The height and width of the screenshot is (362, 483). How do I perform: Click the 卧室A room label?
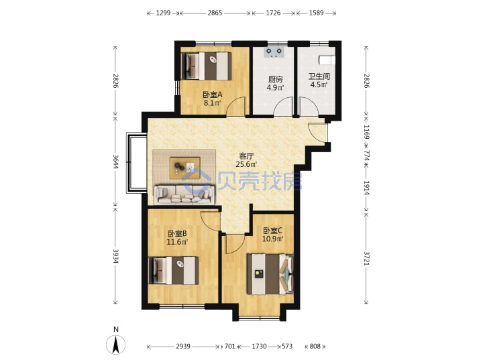coord(212,95)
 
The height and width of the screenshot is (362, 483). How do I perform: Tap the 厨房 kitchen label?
coord(275,79)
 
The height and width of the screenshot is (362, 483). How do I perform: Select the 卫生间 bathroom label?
coord(319,76)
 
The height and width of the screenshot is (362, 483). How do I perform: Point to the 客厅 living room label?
coord(246,156)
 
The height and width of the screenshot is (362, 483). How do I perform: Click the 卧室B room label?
coord(177,234)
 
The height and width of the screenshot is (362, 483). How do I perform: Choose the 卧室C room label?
coord(272,231)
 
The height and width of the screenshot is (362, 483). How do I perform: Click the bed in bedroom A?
coord(206,66)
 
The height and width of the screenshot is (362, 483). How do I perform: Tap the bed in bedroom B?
coord(174,271)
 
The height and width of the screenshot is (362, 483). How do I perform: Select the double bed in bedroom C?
coord(270,274)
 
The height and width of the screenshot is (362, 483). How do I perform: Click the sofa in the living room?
coord(184,194)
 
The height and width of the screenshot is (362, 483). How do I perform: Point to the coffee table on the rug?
coord(185,168)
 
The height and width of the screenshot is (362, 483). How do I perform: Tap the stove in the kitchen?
coord(274,52)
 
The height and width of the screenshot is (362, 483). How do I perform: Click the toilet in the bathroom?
coord(327,60)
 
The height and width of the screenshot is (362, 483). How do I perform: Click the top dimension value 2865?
coord(215,13)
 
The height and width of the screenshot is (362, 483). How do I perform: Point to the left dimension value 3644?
coord(115,162)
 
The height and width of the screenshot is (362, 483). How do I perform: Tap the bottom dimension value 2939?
coord(183,347)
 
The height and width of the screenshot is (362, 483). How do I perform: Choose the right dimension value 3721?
coord(366,258)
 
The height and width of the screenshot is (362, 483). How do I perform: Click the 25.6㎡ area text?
coord(246,164)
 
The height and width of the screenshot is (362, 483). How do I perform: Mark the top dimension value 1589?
coord(317,13)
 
